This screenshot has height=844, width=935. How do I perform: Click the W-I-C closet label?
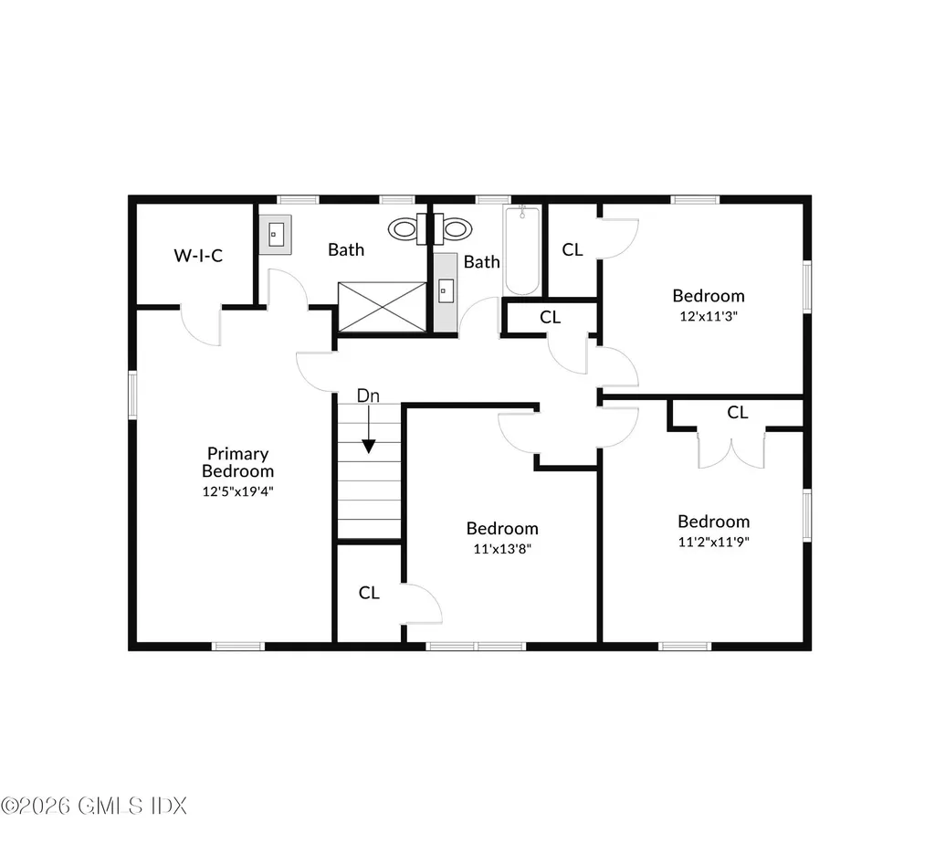click(x=198, y=256)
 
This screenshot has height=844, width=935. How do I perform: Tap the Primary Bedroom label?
click(x=237, y=462)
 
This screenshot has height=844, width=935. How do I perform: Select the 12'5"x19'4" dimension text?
click(x=237, y=491)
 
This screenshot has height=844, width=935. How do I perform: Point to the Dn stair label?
click(x=368, y=396)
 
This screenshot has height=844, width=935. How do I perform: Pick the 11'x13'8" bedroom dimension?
click(x=502, y=549)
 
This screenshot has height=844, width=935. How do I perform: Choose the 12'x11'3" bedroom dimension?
click(x=709, y=316)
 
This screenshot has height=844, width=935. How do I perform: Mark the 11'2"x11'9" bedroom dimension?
click(x=713, y=541)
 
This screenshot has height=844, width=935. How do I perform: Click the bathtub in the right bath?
click(x=522, y=250)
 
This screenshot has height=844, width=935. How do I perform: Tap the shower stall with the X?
click(x=382, y=306)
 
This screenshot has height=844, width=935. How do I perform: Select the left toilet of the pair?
click(x=403, y=228)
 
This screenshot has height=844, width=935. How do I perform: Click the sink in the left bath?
click(x=276, y=234)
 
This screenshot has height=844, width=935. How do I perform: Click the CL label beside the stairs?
click(x=369, y=593)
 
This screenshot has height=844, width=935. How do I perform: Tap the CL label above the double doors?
click(x=738, y=413)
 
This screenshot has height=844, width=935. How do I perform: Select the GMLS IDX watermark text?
click(x=94, y=806)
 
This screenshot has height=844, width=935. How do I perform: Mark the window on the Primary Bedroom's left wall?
click(x=133, y=395)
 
